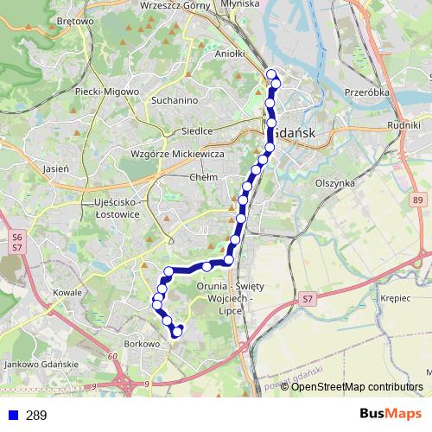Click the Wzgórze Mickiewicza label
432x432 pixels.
pyautogui.click(x=178, y=153)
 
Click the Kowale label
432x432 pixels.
pyautogui.click(x=67, y=292)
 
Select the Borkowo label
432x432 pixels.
pyautogui.click(x=142, y=343)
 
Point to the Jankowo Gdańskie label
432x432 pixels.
pyautogui.click(x=41, y=365)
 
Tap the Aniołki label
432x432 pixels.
pyautogui.click(x=230, y=54)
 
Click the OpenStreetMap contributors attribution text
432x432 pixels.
pyautogui.click(x=357, y=387)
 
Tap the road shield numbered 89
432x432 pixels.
pyautogui.click(x=419, y=200)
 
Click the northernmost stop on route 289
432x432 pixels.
pyautogui.click(x=271, y=73)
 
